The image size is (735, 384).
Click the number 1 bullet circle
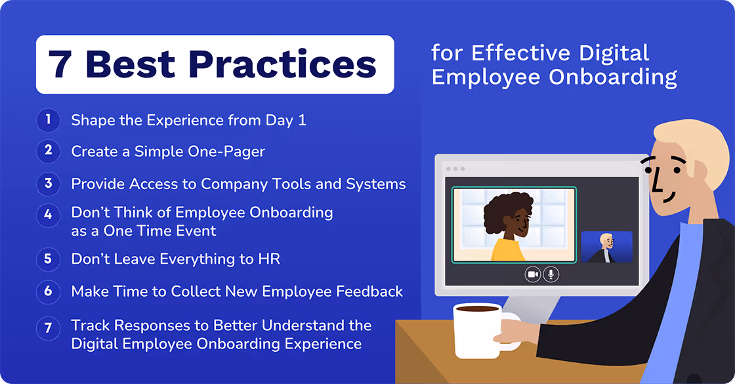(x=48, y=119)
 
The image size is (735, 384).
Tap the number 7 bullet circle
(x=48, y=328)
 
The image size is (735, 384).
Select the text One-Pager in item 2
(x=232, y=152)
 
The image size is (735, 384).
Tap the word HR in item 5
(x=268, y=259)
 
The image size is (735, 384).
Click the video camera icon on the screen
(x=532, y=274)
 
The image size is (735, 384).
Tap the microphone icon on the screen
(x=551, y=274)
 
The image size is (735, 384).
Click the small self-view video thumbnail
(x=606, y=247)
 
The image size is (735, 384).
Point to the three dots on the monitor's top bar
(x=455, y=169)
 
